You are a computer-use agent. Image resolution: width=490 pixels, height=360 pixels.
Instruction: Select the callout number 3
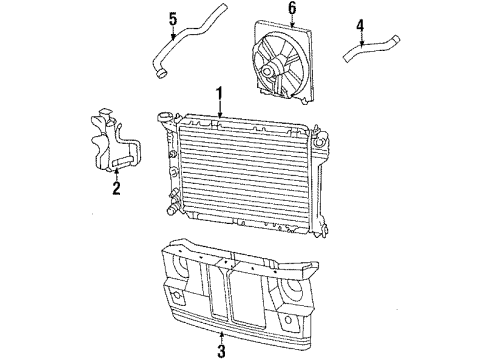coord(221,349)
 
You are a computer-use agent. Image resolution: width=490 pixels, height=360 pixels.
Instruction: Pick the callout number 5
coord(172,17)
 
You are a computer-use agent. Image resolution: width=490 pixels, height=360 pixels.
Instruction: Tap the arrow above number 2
coord(116,170)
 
